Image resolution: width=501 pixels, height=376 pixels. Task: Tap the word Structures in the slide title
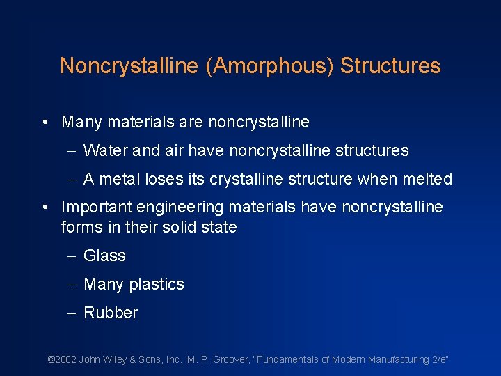[x=390, y=66]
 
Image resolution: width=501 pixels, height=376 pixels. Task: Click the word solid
[x=176, y=227]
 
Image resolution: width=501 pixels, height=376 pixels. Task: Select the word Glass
[x=104, y=256]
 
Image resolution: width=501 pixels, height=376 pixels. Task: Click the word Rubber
[x=111, y=313]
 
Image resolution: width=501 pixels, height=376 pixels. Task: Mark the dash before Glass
[x=74, y=256]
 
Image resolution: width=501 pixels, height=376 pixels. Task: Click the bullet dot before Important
[x=45, y=207]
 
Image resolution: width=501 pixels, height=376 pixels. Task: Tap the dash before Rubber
[x=74, y=313]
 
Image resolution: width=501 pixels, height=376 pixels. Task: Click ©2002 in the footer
[x=61, y=359]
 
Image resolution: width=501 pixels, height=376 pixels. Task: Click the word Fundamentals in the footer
[x=295, y=359]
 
